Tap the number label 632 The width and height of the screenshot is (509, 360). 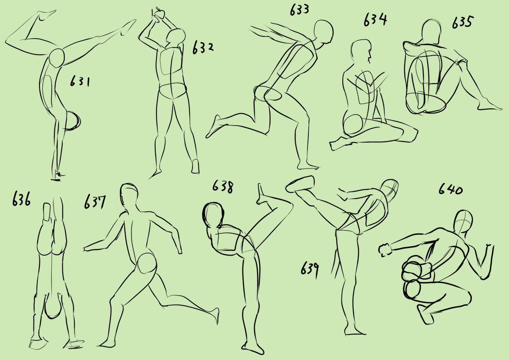pos(203,48)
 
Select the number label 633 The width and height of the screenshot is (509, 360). pos(299,10)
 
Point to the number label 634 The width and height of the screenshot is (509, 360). pos(375,20)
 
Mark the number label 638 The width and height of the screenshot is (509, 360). pos(223,187)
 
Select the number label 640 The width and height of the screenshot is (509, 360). pos(450,189)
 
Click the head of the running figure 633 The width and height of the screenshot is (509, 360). pos(324,32)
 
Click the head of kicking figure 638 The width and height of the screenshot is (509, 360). pos(213,215)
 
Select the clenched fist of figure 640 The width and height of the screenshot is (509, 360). pos(385,250)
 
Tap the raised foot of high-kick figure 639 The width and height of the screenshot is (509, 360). pos(300,184)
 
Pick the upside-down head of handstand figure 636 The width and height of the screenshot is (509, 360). pos(53,308)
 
